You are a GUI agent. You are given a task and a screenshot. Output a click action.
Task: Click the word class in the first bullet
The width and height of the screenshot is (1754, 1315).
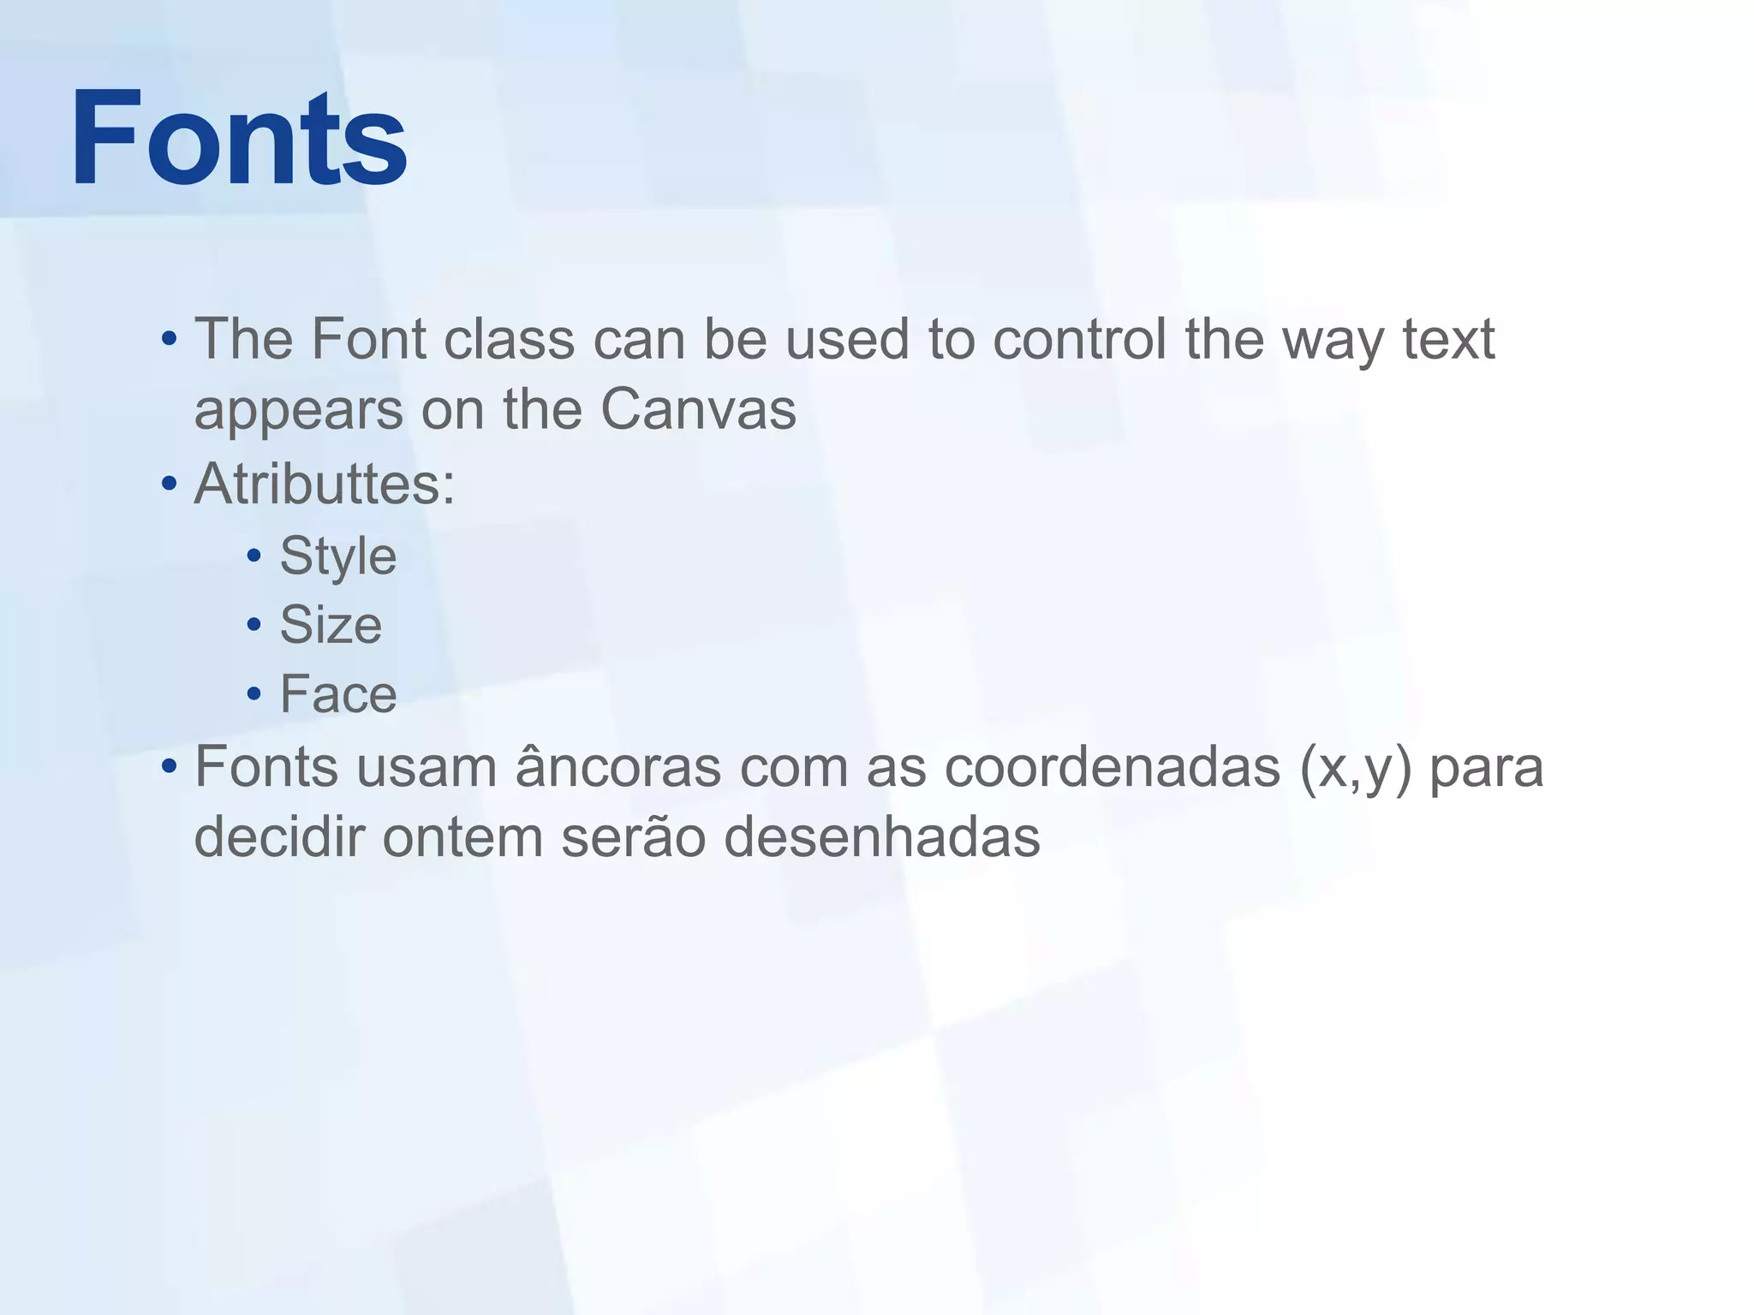point(509,339)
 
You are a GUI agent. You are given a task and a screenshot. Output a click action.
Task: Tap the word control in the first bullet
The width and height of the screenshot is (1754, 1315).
point(1079,339)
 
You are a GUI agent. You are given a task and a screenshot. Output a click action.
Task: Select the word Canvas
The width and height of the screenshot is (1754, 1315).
point(698,409)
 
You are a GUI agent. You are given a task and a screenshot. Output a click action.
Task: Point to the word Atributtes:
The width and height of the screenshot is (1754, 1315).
point(325,485)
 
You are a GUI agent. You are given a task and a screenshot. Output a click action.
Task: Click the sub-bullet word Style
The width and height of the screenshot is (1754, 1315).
point(338,557)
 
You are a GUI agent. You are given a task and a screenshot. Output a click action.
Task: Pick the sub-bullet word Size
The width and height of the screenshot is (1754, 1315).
point(331,625)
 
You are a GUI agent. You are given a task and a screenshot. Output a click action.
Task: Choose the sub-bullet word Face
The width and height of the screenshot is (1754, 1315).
point(338,693)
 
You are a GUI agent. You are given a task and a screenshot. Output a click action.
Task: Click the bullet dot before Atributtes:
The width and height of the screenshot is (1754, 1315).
point(169,485)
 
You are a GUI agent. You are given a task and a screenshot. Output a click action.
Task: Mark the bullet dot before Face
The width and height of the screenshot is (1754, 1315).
point(254,693)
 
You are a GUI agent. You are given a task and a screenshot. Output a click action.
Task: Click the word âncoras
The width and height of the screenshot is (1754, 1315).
point(618,766)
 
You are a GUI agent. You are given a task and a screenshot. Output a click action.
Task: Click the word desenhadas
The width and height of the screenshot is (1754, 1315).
point(881,836)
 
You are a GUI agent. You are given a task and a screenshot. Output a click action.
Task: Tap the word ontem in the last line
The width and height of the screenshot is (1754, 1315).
point(462,836)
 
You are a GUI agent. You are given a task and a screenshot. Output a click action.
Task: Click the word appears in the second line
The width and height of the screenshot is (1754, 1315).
point(298,411)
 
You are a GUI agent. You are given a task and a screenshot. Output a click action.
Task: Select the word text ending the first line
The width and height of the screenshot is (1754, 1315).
point(1448,339)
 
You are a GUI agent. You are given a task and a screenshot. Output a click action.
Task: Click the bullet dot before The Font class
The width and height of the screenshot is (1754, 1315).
point(169,339)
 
